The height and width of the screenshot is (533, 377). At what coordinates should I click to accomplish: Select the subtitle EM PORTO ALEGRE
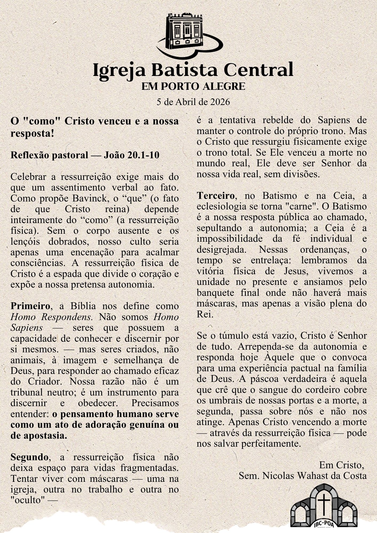[x=193, y=86]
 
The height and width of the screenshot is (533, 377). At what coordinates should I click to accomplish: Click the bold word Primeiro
[x=30, y=306]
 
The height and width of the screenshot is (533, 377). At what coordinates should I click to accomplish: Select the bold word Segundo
[x=30, y=457]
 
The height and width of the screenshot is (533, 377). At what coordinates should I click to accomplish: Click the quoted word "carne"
[x=306, y=207]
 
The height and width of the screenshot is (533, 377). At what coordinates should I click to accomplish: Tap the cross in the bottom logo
[x=324, y=501]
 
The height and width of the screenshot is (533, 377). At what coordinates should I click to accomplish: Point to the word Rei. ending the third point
[x=205, y=314]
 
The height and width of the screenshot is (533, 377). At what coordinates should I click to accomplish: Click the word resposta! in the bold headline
[x=32, y=133]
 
